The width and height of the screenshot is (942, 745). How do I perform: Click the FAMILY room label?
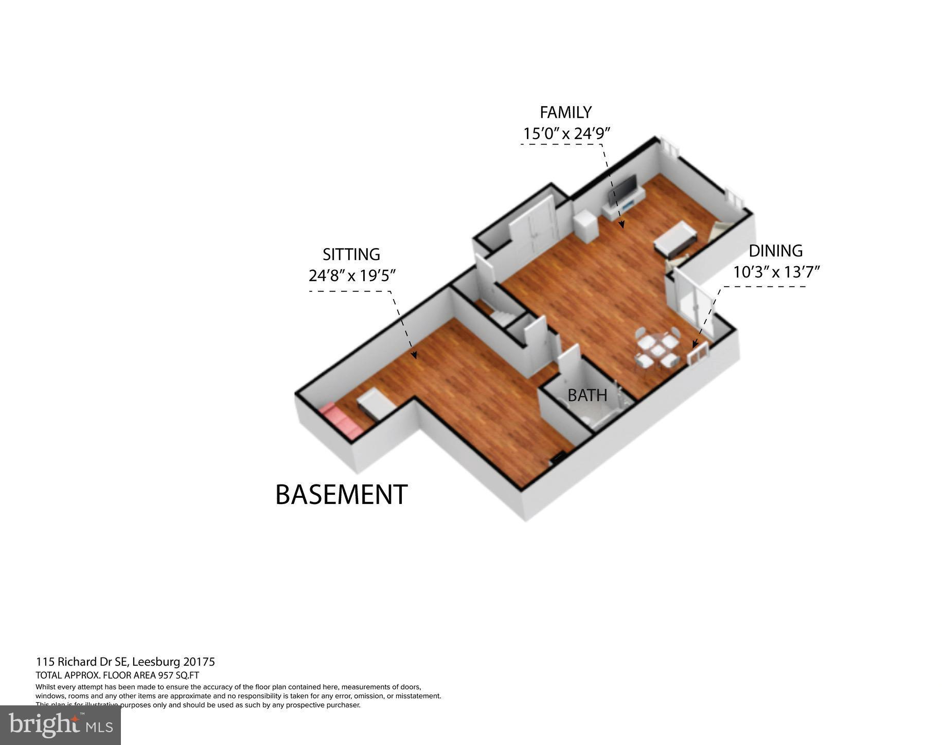[565, 112]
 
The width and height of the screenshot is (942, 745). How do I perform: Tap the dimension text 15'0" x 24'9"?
[566, 134]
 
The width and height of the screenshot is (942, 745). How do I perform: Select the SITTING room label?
[351, 254]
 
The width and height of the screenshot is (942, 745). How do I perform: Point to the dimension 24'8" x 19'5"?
[352, 276]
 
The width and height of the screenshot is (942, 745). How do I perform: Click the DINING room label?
[775, 251]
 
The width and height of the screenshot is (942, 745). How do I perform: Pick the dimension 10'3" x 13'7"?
[776, 271]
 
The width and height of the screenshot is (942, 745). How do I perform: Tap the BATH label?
[587, 395]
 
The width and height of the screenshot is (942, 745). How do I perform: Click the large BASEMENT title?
[342, 494]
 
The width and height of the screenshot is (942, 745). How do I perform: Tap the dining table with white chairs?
[656, 350]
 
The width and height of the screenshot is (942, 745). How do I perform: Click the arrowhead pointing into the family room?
[621, 224]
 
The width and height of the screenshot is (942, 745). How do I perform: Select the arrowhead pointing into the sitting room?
[413, 355]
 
